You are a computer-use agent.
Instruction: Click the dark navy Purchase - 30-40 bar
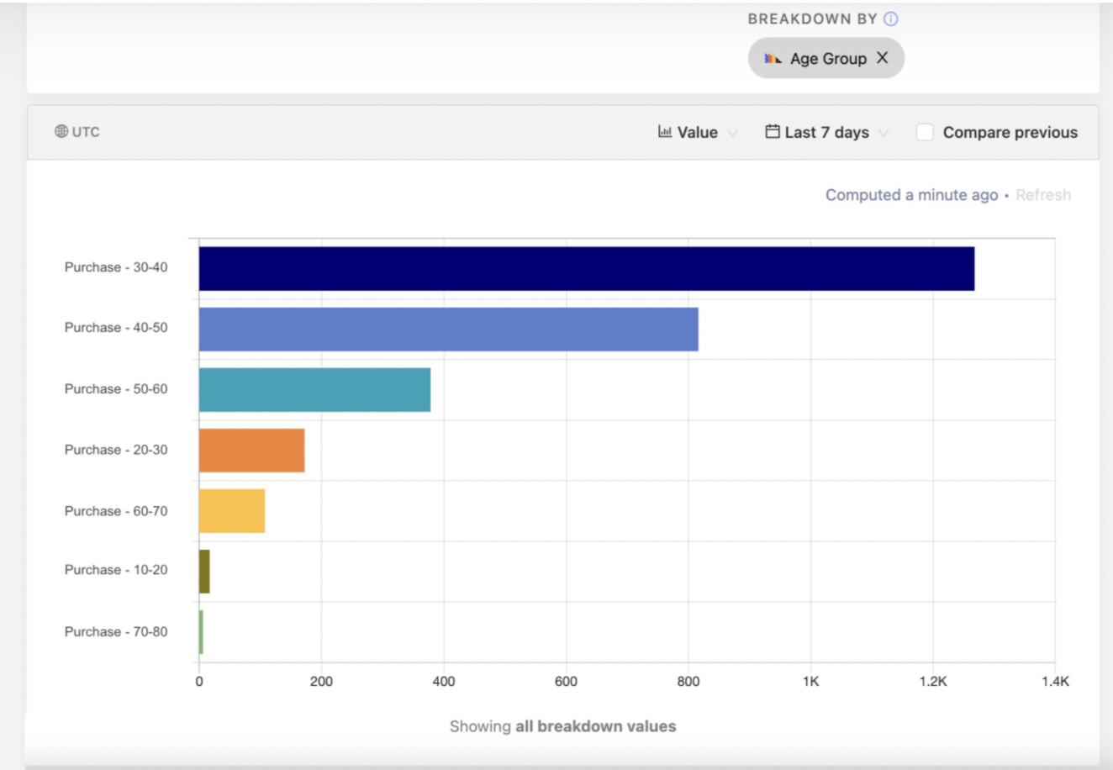click(586, 268)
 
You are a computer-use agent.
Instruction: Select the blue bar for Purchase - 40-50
click(448, 329)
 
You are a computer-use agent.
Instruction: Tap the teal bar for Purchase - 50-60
click(314, 389)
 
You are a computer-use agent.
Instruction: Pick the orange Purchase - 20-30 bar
click(251, 451)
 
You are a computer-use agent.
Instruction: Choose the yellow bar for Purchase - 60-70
click(232, 511)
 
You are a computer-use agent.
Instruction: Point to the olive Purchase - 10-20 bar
click(204, 572)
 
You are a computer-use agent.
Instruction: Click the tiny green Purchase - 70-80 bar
click(201, 632)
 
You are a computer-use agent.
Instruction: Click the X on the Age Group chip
click(882, 58)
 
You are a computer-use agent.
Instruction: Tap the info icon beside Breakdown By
click(890, 18)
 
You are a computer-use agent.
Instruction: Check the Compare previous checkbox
click(925, 132)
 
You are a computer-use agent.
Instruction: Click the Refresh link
click(1042, 195)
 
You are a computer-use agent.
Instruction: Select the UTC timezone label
click(77, 132)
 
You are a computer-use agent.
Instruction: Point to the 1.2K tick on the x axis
click(932, 681)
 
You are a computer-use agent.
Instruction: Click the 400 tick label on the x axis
click(443, 681)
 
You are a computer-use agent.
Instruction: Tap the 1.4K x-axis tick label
click(1054, 681)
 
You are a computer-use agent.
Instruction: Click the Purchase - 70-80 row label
click(116, 632)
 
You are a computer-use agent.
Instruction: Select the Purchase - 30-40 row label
click(116, 267)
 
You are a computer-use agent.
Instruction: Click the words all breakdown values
click(595, 726)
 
